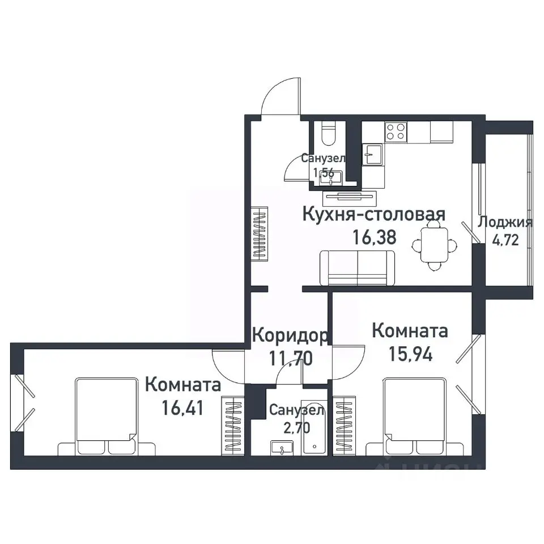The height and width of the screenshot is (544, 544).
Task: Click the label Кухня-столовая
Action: [x=373, y=215]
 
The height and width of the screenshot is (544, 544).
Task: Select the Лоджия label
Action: [x=505, y=222]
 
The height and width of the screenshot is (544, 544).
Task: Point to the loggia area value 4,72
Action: [x=505, y=240]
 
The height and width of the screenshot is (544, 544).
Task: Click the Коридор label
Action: [x=289, y=335]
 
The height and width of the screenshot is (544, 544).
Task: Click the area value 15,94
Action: [x=410, y=354]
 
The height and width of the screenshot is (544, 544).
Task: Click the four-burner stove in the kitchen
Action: [x=396, y=132]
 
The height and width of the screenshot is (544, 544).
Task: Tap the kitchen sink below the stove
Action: [x=372, y=154]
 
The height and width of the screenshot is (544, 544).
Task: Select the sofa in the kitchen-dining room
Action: [x=357, y=267]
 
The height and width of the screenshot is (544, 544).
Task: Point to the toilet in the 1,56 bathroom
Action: [x=328, y=134]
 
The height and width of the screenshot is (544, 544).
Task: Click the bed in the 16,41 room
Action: [x=107, y=416]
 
